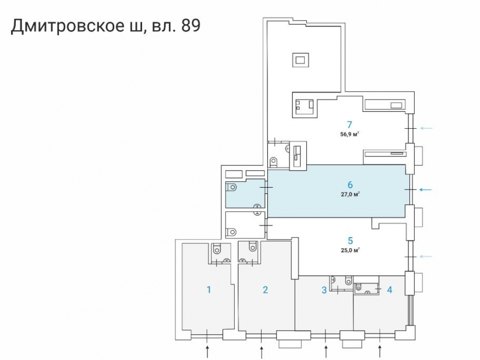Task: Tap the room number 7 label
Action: (x=349, y=125)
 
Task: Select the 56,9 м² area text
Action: (x=349, y=134)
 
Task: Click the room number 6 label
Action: (x=350, y=185)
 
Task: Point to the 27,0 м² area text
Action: (x=350, y=194)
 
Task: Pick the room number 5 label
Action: (x=350, y=240)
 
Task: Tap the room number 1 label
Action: (x=209, y=289)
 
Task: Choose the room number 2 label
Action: (x=265, y=289)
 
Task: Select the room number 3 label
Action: (x=324, y=290)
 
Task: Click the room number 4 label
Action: (x=389, y=289)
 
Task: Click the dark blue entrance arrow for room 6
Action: (x=425, y=190)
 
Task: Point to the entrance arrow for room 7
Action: (x=426, y=128)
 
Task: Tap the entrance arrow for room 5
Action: (x=426, y=256)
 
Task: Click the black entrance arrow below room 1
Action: (x=207, y=352)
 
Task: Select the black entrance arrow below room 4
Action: (x=380, y=352)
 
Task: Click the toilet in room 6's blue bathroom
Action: (x=232, y=187)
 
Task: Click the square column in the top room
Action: (x=300, y=60)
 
